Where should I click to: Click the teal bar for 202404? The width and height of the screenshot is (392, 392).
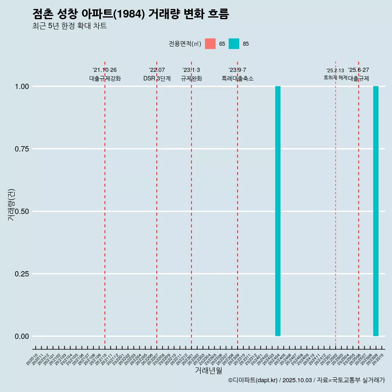click(x=278, y=211)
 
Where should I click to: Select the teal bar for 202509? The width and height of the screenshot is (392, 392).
click(x=376, y=211)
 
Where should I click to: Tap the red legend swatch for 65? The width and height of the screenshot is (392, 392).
click(x=210, y=44)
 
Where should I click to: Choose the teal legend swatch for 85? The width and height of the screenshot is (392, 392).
click(x=234, y=44)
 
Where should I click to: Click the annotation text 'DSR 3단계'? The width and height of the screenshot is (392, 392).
click(x=157, y=78)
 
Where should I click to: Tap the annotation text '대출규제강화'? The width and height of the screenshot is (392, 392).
click(x=105, y=78)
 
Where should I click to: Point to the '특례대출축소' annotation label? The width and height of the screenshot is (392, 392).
click(x=238, y=78)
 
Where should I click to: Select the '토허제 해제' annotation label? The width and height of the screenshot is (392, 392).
click(x=335, y=77)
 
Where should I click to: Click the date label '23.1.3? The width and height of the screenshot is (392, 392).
click(x=191, y=70)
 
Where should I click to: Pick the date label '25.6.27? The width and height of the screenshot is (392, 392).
click(x=359, y=70)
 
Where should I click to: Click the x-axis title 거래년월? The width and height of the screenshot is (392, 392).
click(x=208, y=371)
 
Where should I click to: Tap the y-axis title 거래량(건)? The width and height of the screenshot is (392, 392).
click(x=11, y=205)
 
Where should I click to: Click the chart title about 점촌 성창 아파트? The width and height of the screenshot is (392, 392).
click(x=131, y=14)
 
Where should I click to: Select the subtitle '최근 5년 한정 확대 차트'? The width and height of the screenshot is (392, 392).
click(x=69, y=26)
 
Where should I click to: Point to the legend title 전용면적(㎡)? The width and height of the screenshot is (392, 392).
click(x=185, y=44)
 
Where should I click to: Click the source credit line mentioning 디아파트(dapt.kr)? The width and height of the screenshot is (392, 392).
click(x=306, y=380)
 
